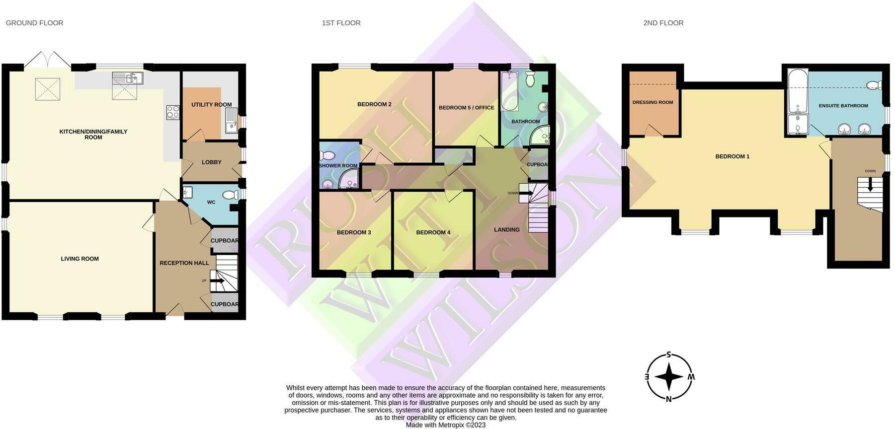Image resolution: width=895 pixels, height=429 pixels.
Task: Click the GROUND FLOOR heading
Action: pos(34,23)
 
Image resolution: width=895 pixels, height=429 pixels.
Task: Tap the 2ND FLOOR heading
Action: pos(663,23)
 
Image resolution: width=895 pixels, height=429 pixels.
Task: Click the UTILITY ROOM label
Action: pos(211,105)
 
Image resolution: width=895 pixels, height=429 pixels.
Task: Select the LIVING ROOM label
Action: pos(80,259)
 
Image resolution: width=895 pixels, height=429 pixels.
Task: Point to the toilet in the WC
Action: pos(230,195)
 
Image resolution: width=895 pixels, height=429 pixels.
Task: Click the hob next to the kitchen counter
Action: pos(172,113)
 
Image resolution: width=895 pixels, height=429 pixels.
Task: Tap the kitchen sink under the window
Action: pos(128,78)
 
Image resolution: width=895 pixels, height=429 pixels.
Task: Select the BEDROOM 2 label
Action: pos(374,104)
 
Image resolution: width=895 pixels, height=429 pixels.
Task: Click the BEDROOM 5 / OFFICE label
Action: pos(466,108)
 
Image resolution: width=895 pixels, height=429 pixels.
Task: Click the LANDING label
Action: pos(506,230)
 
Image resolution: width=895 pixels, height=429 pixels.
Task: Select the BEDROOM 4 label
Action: pos(433,232)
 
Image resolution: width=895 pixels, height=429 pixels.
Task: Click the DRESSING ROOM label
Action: pos(652,102)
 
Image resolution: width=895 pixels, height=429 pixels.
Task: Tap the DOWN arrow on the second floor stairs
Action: pos(870,184)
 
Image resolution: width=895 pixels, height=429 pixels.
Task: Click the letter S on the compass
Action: pos(669,355)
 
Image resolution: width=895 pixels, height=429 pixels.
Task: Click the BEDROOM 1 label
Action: pos(732,156)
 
